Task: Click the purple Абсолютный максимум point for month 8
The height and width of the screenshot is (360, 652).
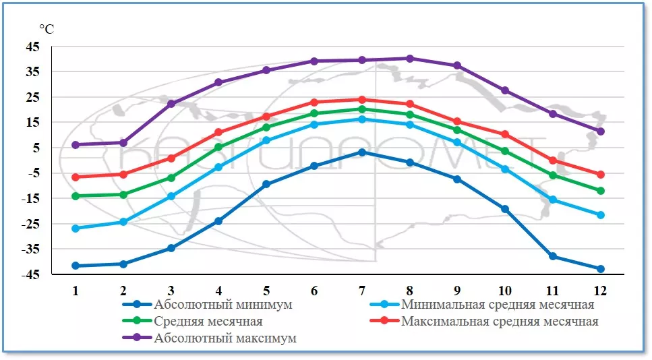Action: [409, 59]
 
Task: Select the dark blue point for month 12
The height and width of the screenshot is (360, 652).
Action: [600, 269]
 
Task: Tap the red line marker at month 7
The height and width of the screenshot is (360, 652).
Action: [362, 100]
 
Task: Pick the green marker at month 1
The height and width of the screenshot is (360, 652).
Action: [76, 196]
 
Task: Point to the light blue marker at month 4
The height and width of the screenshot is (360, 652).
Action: [218, 167]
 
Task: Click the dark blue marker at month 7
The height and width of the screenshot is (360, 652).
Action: [362, 152]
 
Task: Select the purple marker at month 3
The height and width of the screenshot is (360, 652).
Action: [171, 104]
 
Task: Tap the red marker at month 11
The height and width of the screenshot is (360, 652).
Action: [553, 160]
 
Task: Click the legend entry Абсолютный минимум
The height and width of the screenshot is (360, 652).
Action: [223, 305]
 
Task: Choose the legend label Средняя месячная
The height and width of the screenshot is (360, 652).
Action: [208, 322]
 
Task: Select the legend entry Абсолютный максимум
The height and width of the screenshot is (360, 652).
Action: [225, 338]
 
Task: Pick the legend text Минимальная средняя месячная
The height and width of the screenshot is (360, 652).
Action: [498, 305]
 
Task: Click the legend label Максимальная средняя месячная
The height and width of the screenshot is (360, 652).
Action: [500, 322]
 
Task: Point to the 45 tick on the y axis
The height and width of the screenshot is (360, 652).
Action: [52, 47]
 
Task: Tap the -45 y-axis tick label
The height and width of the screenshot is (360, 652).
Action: [50, 274]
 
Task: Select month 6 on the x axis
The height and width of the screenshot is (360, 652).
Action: [314, 291]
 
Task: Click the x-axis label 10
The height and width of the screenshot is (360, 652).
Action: [505, 291]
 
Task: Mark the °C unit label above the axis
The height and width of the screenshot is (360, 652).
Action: [47, 29]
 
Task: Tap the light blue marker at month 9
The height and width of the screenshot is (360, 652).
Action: [457, 142]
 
